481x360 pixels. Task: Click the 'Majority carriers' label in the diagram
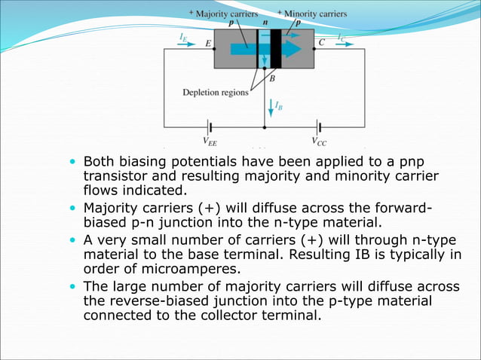coord(228,14)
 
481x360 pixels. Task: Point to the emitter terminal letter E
coord(208,44)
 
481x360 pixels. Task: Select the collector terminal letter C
coord(322,43)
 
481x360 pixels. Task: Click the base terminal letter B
coord(272,78)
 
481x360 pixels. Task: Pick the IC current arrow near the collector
coord(345,44)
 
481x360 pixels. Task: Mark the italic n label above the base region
coord(265,23)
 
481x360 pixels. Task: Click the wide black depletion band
coord(276,48)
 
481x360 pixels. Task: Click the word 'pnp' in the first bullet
coord(424,161)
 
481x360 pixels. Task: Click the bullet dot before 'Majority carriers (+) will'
coord(72,207)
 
